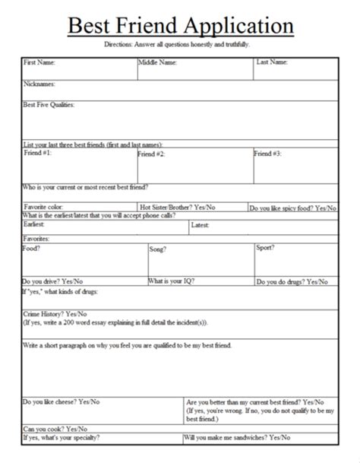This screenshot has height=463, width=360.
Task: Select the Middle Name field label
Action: tap(157, 62)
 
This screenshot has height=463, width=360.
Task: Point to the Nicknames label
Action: tap(39, 84)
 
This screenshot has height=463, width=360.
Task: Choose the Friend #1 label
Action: tap(37, 153)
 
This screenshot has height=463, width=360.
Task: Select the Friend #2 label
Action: tap(151, 154)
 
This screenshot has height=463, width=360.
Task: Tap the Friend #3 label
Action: tap(267, 153)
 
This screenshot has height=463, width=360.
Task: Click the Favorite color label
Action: tap(48, 206)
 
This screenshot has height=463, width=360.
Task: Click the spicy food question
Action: tap(292, 207)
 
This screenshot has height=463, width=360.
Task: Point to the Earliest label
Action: tap(34, 225)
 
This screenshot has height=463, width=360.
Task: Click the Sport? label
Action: tap(264, 248)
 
